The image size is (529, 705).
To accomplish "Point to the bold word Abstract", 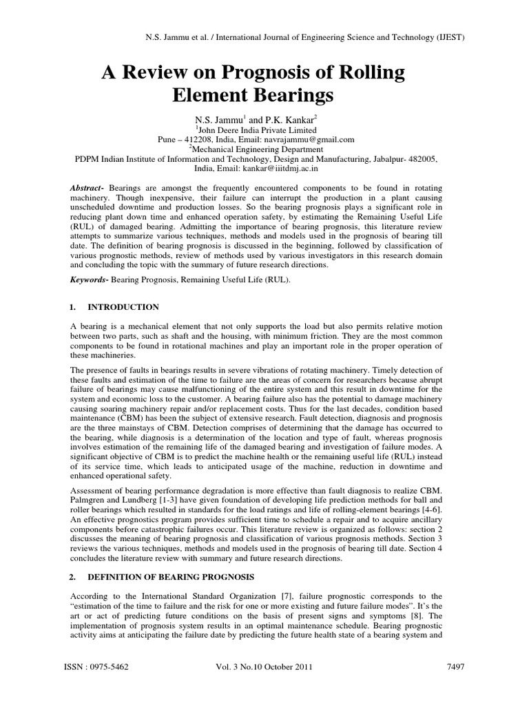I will point(87,188).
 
